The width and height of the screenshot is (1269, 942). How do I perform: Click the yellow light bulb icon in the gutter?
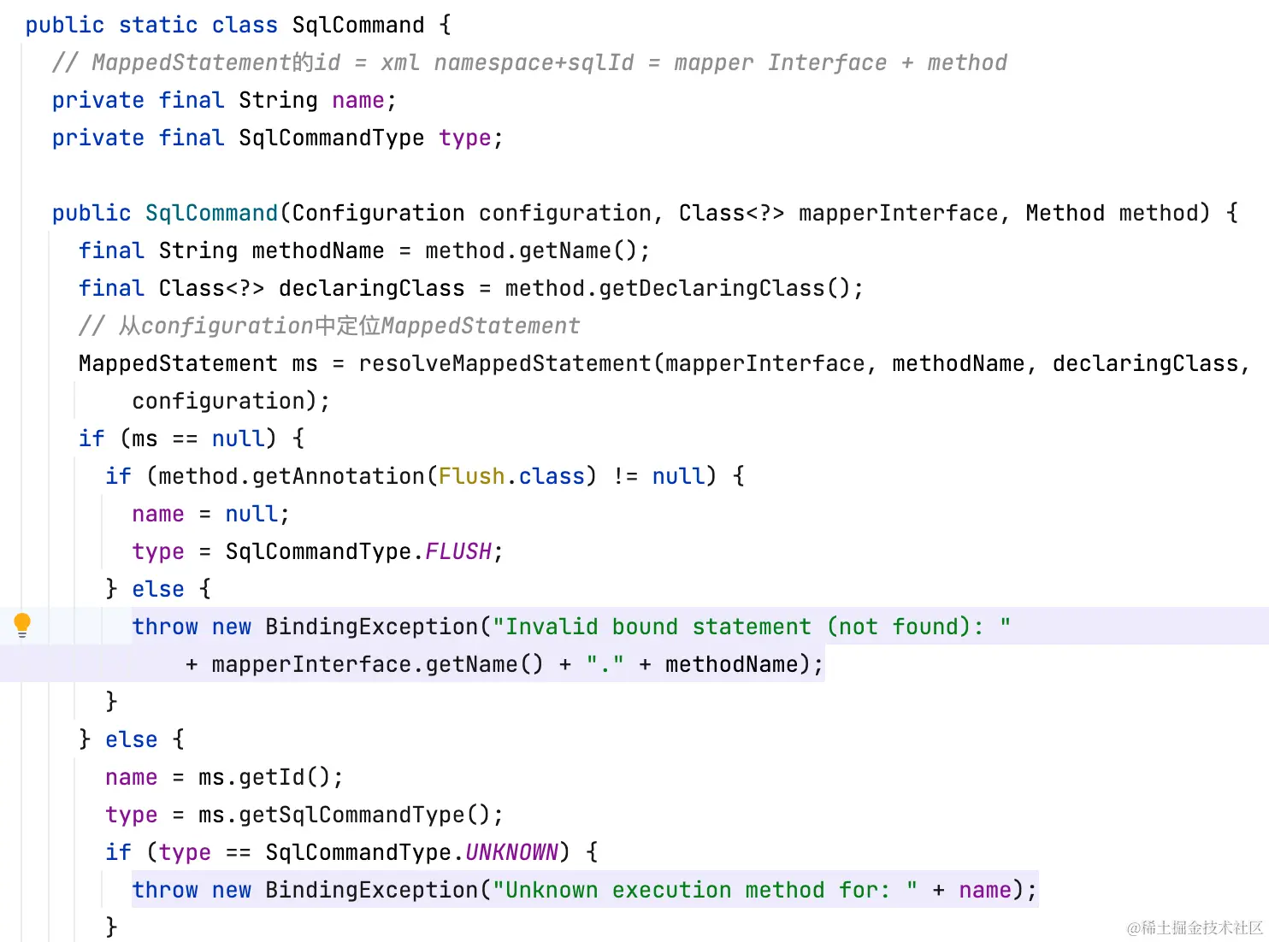(x=22, y=625)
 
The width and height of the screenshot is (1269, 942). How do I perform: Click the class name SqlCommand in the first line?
(x=357, y=25)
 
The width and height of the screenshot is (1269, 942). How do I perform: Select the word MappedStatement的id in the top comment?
(x=215, y=62)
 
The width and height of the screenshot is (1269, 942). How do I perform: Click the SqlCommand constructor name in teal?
(x=211, y=213)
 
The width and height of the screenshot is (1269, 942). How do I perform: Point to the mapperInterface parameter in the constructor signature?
(x=898, y=213)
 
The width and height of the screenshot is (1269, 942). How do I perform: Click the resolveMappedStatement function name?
(x=505, y=363)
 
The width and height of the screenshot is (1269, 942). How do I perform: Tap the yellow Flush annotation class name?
(x=471, y=476)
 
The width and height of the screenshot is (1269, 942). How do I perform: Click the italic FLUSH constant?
(x=457, y=551)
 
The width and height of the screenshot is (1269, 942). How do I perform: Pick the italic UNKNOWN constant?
(x=511, y=852)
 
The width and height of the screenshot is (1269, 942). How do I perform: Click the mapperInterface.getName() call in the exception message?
(x=377, y=664)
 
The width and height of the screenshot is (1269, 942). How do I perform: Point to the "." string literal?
(x=605, y=664)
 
